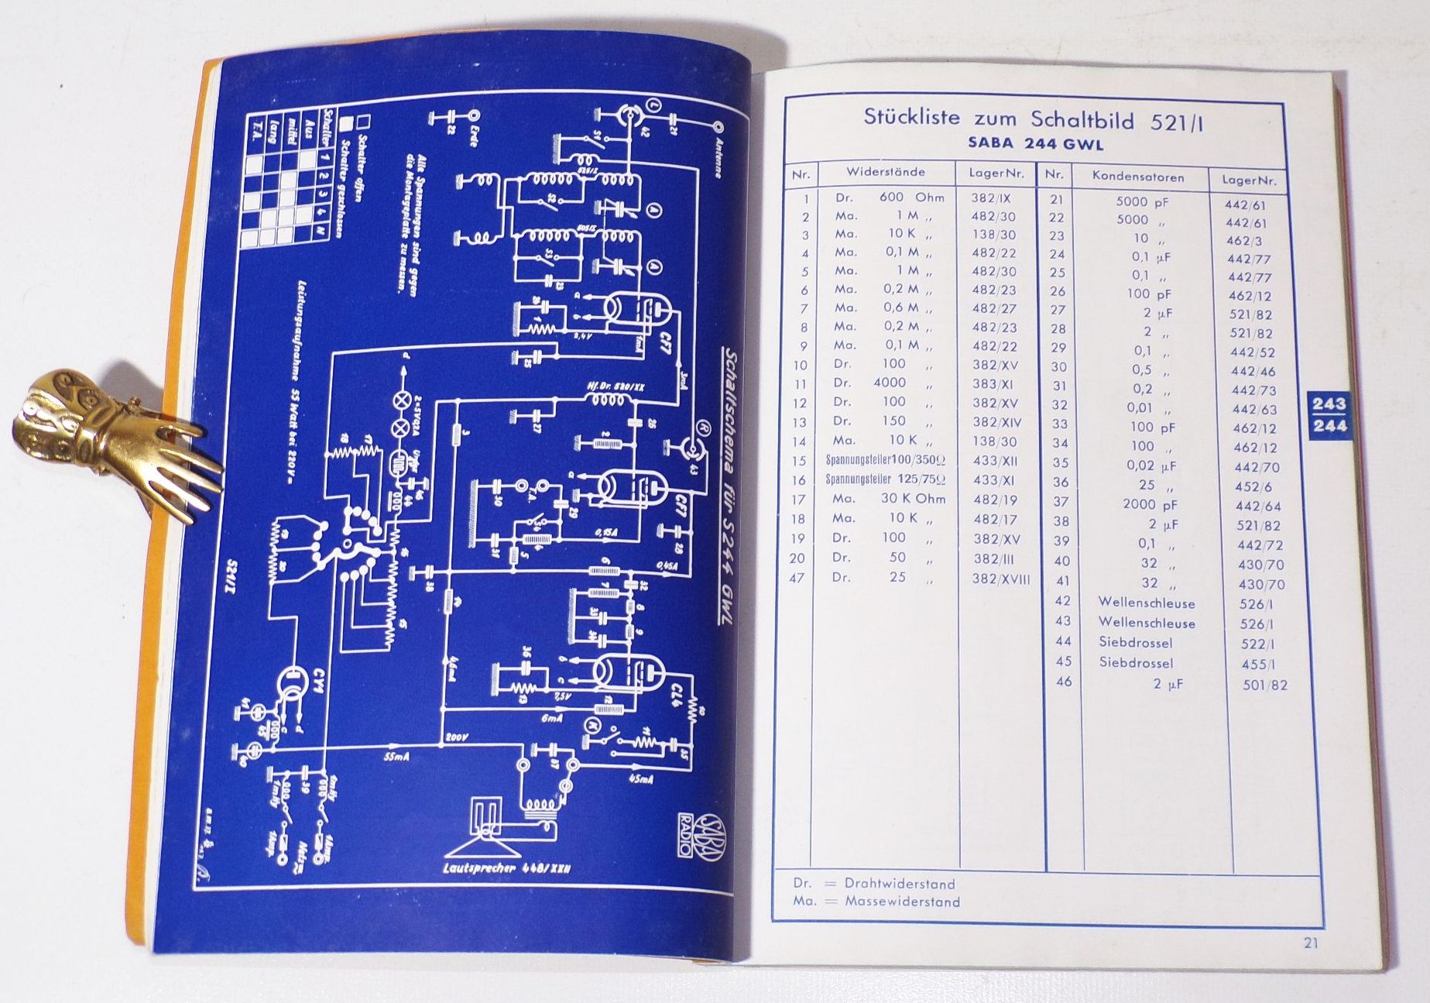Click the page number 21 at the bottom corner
click(1310, 943)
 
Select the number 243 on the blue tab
click(1329, 404)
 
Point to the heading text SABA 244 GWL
click(1035, 144)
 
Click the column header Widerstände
click(885, 172)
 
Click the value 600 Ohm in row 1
click(911, 198)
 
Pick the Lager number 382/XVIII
click(1001, 579)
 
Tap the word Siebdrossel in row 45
click(1136, 662)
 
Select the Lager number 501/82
click(1264, 685)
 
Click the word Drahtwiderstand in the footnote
click(900, 884)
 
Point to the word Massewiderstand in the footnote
click(902, 902)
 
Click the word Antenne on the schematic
click(718, 159)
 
